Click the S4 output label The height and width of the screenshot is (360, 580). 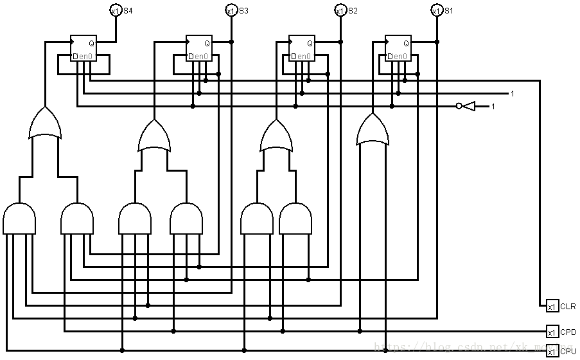(x=128, y=10)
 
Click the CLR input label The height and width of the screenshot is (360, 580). (x=568, y=306)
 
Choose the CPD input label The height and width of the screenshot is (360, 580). (x=568, y=332)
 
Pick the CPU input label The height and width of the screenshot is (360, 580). (x=568, y=351)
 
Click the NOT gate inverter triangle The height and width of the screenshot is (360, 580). (x=468, y=106)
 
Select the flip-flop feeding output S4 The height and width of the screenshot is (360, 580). (x=83, y=48)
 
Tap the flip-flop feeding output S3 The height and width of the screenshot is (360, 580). (x=199, y=48)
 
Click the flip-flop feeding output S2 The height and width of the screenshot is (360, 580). (x=302, y=48)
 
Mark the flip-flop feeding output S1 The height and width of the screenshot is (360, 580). (x=398, y=48)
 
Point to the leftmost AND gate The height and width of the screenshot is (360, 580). (x=19, y=219)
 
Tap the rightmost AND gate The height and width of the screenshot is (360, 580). (x=295, y=219)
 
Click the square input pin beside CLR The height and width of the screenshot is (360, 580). (x=552, y=306)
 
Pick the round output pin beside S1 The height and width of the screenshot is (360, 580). (x=436, y=10)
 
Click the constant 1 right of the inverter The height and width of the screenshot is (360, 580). (x=493, y=106)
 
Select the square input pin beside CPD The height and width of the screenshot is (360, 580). (x=552, y=332)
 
